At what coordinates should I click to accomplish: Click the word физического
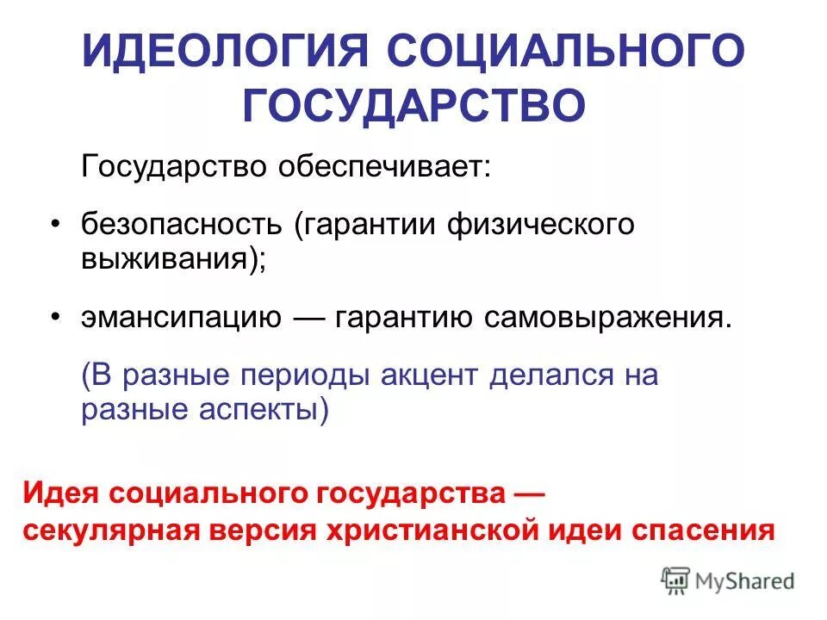pos(540,225)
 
